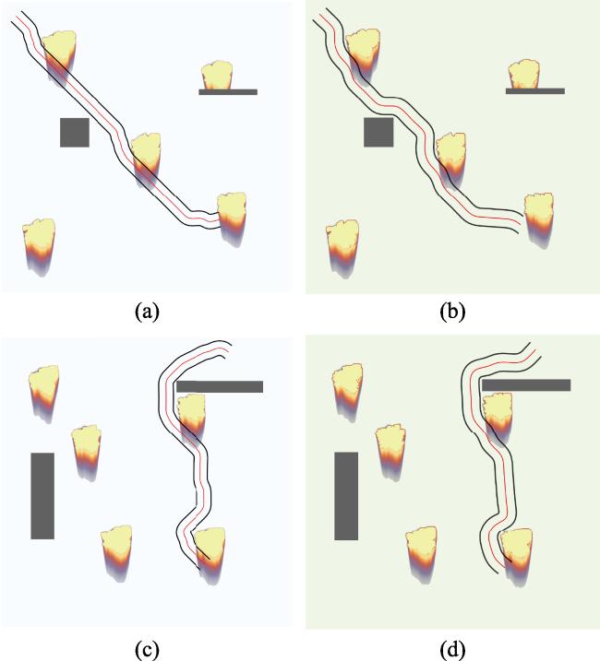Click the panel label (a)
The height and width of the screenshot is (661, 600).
click(x=147, y=312)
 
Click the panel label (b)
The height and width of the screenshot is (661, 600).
click(x=452, y=312)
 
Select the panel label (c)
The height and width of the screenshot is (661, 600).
click(x=147, y=651)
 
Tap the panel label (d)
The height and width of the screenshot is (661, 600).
click(x=452, y=651)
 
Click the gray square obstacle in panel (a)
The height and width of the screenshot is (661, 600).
click(x=75, y=133)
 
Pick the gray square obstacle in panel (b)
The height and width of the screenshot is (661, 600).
click(x=378, y=133)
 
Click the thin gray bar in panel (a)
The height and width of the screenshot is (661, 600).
click(x=228, y=92)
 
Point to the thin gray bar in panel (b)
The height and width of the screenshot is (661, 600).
click(x=535, y=91)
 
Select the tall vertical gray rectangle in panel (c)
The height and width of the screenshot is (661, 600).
click(x=42, y=496)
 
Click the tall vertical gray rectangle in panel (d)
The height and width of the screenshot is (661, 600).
click(x=346, y=496)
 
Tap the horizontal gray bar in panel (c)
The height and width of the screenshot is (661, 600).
click(x=220, y=386)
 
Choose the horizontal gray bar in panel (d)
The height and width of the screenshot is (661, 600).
click(x=526, y=384)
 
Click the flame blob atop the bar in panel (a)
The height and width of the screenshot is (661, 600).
click(x=217, y=76)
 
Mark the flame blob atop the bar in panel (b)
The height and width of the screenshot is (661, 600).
click(x=524, y=74)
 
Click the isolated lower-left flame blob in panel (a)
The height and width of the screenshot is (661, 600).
click(x=39, y=247)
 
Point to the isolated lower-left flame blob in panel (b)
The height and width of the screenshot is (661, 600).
click(x=342, y=248)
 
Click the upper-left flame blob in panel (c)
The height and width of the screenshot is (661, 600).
click(x=43, y=393)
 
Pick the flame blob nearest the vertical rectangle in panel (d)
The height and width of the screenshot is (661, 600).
click(x=390, y=453)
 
